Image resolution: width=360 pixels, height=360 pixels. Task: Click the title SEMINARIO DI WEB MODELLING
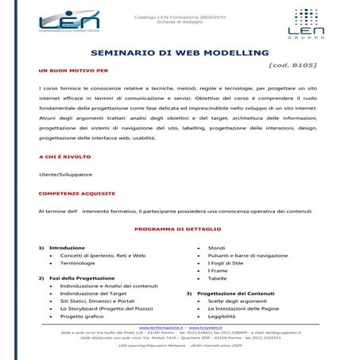[x=180, y=53]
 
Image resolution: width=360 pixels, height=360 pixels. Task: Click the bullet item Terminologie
[x=77, y=263]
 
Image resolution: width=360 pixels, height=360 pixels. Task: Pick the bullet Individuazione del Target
[x=93, y=293]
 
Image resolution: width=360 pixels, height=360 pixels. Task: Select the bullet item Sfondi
[x=217, y=248]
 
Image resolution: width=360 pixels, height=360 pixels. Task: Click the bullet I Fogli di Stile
[x=226, y=263]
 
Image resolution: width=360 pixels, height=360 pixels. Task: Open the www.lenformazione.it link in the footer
[x=161, y=327]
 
